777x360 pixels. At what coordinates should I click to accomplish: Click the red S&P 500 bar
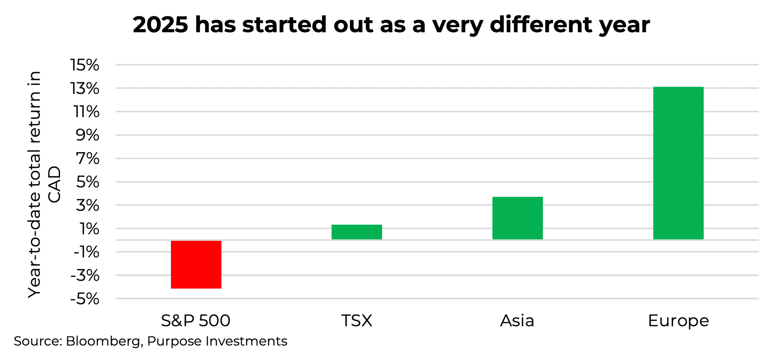196,264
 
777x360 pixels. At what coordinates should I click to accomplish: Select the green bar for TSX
357,232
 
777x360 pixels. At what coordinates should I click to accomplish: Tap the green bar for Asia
517,218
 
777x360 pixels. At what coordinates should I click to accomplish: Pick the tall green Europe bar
678,163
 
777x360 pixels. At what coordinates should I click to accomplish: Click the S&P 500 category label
196,321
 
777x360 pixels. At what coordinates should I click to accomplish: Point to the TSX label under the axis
357,321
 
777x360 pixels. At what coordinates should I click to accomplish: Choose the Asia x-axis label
517,321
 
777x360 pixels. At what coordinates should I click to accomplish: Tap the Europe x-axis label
678,321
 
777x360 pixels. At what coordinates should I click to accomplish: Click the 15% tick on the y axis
84,65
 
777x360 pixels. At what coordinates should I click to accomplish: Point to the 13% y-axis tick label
84,89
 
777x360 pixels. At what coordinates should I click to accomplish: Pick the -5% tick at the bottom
84,299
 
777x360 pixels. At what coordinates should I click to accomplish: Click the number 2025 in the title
160,25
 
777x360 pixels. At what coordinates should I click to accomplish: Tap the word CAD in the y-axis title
55,184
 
